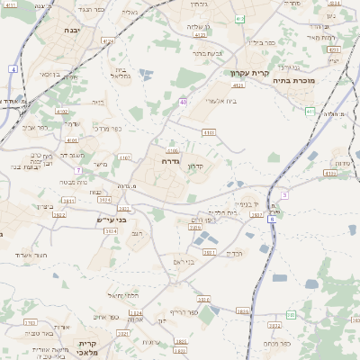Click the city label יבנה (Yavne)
point(72,31)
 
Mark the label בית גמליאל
point(123,73)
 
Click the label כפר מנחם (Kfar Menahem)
point(274,344)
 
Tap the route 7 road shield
point(79,169)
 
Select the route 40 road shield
point(183,103)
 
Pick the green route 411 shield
point(310,112)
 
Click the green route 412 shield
point(238,19)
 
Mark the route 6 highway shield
point(270,219)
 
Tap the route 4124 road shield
point(108,40)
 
